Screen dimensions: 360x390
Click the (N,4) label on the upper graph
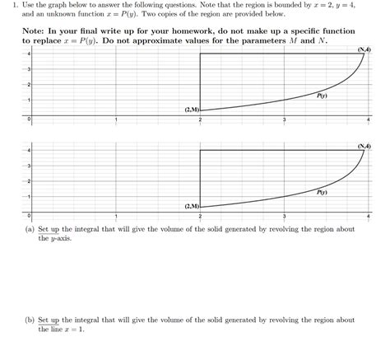(364, 49)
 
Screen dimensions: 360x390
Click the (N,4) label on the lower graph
(364, 146)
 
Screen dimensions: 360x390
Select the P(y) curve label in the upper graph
(322, 96)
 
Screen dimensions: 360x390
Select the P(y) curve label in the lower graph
(322, 192)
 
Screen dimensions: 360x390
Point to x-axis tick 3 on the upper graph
(285, 120)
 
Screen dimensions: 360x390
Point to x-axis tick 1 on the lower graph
(116, 217)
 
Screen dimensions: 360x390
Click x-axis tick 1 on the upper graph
(116, 120)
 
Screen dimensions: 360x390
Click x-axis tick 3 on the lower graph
(285, 217)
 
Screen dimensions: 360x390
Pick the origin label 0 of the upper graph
(30, 120)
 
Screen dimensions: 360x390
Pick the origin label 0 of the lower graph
(30, 217)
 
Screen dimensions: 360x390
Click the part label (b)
(30, 320)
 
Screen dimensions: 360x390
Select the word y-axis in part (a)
(49, 237)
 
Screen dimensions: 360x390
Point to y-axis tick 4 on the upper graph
(30, 54)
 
